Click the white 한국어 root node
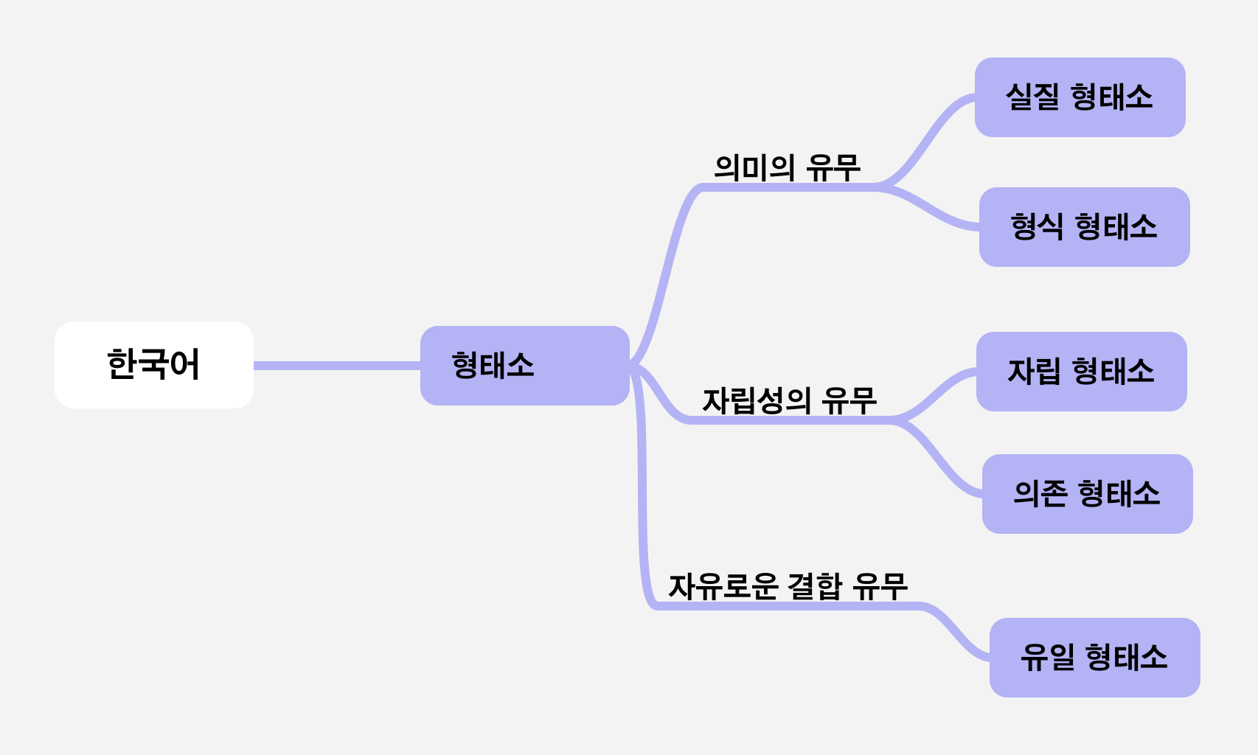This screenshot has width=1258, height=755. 153,364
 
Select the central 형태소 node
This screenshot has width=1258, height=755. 524,366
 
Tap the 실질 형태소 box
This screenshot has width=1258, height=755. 1080,97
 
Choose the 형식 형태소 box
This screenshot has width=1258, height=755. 1084,227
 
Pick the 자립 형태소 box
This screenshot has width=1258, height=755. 1081,372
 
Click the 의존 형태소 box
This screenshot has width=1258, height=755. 1087,494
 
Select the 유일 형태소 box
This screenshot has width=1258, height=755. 1094,658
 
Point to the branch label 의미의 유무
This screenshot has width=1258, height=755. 787,167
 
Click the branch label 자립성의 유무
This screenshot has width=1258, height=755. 789,400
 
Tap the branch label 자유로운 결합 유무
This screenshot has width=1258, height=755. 788,587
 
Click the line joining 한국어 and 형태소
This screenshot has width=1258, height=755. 336,366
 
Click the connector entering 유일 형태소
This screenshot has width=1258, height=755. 956,631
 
